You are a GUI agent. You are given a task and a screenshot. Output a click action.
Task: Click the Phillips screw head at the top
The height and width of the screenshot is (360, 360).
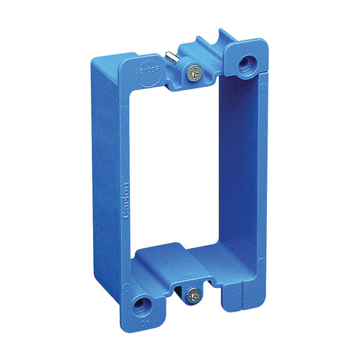coord(193,73)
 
